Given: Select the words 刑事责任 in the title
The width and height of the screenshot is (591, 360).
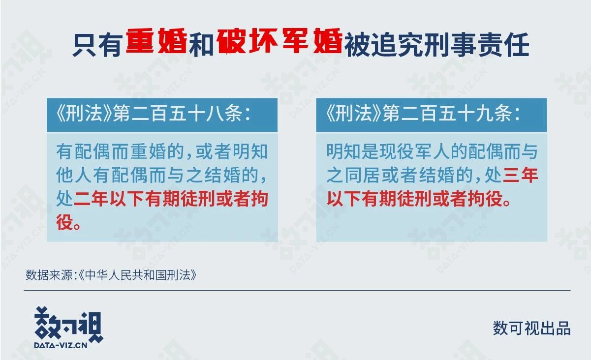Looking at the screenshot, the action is click(477, 45).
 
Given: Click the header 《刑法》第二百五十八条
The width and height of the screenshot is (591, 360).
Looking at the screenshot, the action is click(153, 114).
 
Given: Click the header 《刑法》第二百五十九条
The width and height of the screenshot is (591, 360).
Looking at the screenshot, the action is click(423, 114).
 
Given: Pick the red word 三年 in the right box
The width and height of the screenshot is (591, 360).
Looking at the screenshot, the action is click(521, 175).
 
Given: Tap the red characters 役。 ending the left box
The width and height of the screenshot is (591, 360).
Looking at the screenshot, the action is click(68, 222).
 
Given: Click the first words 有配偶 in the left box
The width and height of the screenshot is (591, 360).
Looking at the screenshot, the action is click(83, 151).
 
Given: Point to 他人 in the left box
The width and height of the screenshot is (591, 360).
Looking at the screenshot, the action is click(73, 175).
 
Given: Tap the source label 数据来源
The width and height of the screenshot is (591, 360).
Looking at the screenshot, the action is click(49, 275).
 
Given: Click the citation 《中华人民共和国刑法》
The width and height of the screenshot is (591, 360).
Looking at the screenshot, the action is click(137, 275).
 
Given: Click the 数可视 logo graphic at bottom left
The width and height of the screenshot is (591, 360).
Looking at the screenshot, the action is click(68, 325).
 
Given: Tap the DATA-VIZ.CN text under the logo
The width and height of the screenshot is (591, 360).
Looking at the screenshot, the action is click(61, 345).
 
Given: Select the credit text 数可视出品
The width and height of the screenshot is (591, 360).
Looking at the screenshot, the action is click(531, 329).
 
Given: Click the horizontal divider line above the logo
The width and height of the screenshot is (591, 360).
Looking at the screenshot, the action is click(297, 290).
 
